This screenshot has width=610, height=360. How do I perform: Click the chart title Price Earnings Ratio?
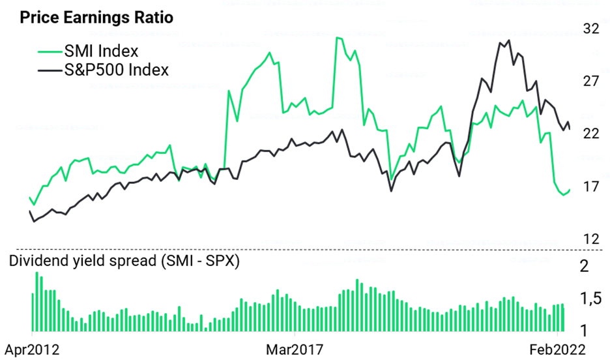click(96, 18)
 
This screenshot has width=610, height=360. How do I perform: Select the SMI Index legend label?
click(101, 51)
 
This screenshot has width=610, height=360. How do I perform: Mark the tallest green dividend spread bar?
click(37, 301)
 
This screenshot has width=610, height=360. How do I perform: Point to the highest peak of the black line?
click(508, 40)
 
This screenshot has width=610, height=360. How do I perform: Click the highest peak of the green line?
click(338, 38)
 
